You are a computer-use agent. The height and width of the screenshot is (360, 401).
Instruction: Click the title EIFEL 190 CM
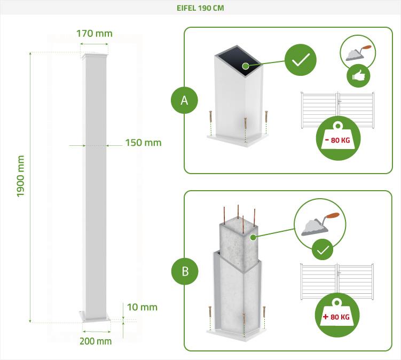point(200,8)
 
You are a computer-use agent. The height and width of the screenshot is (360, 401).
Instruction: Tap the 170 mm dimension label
point(95,34)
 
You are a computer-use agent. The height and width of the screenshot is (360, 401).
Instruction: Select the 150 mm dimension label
point(143,143)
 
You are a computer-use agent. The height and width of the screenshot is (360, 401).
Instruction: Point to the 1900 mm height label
point(20,176)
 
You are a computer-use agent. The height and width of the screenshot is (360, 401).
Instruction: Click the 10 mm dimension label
point(142,307)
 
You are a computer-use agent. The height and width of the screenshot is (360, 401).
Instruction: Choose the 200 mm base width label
point(96,341)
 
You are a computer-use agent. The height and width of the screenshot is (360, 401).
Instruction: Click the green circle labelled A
point(184,100)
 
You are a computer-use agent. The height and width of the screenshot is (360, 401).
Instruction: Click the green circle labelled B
point(185,271)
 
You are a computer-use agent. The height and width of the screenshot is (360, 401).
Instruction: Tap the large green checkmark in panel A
point(301,60)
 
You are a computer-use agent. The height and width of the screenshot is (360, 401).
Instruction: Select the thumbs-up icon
point(358,76)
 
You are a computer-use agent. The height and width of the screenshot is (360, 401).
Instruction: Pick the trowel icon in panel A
point(358,53)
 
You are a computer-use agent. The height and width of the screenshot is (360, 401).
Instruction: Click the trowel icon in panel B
point(320,224)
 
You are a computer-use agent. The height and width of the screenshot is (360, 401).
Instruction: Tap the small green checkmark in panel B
point(323,249)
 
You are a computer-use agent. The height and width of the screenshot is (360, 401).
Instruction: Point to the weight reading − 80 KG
point(337,140)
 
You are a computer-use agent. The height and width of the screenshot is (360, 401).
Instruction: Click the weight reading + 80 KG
point(336,317)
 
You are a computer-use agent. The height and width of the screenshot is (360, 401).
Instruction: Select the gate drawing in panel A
point(337,110)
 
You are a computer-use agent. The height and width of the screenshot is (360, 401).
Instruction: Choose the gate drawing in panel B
point(337,281)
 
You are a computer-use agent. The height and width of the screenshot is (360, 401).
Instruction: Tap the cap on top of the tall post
point(95,56)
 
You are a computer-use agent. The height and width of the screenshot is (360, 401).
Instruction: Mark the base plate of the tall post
point(95,316)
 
